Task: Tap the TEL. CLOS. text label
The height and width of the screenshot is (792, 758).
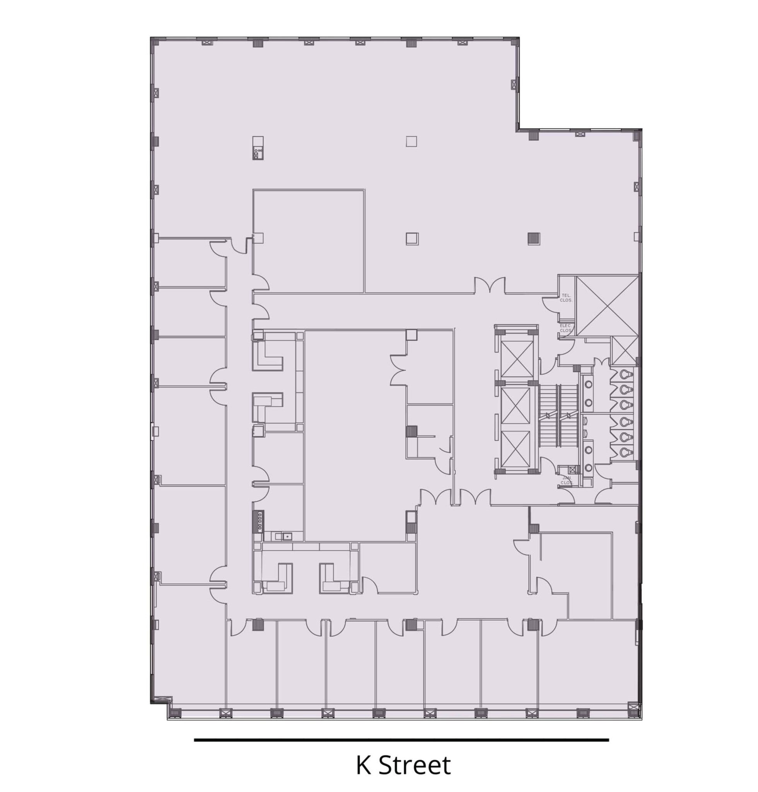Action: pyautogui.click(x=566, y=298)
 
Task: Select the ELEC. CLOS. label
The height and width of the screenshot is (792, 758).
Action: pyautogui.click(x=566, y=328)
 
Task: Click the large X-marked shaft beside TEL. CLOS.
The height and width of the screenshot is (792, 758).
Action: pyautogui.click(x=607, y=306)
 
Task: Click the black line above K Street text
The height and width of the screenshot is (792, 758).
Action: pyautogui.click(x=401, y=740)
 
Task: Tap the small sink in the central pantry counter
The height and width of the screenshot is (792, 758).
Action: pyautogui.click(x=287, y=537)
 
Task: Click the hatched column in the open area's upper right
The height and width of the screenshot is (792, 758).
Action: pyautogui.click(x=534, y=239)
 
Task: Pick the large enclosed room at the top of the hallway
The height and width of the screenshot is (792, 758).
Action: pyautogui.click(x=309, y=241)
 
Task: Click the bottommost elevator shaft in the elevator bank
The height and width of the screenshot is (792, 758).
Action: pyautogui.click(x=516, y=449)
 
